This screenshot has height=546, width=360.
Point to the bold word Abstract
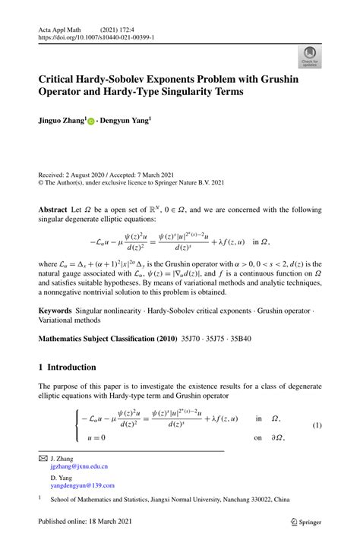[52, 208]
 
